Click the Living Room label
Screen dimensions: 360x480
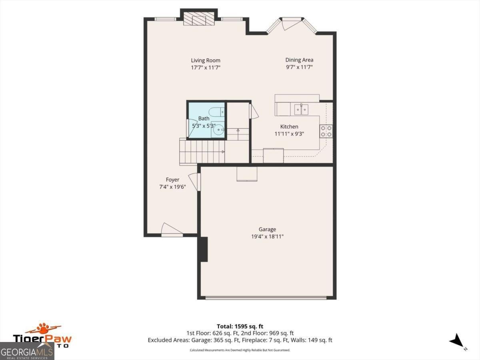(205, 60)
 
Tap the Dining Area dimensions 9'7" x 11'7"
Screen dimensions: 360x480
(299, 68)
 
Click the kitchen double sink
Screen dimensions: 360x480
(301, 109)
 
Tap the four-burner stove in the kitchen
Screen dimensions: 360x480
(326, 131)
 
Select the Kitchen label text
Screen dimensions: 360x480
(289, 127)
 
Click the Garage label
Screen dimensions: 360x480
(267, 229)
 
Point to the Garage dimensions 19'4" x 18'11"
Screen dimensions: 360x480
(267, 236)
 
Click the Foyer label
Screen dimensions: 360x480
(172, 180)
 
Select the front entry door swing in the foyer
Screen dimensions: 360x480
(171, 230)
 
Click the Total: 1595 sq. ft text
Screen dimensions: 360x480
(240, 326)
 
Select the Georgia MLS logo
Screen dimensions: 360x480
(27, 352)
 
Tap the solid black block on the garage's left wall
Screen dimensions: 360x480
(203, 249)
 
